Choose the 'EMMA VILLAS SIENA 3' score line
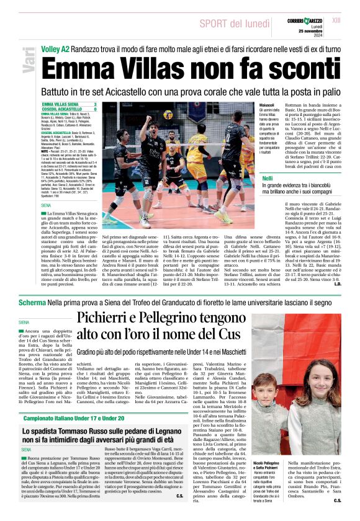coord(68,104)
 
